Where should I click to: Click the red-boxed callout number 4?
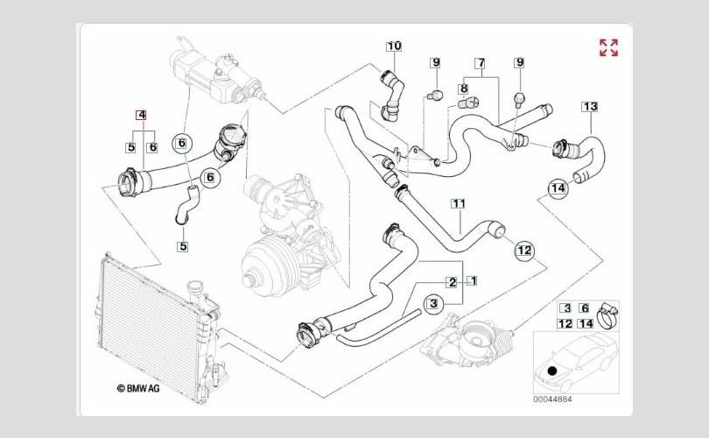tap(141, 115)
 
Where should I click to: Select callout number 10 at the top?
tap(394, 45)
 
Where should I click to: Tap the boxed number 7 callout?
tap(481, 63)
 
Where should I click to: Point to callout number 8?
tap(463, 88)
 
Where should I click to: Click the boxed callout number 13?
tap(589, 107)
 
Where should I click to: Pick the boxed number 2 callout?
tap(452, 282)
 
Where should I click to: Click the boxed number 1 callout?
tap(471, 281)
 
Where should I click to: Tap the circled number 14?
tap(558, 187)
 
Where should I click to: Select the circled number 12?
tap(523, 251)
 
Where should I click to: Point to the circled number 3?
tap(432, 303)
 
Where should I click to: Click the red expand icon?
tap(608, 47)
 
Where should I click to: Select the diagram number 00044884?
tap(553, 399)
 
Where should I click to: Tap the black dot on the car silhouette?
tap(551, 371)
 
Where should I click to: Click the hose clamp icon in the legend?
tap(610, 310)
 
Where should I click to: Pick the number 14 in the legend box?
tap(586, 323)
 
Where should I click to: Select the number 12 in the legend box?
tap(565, 323)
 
